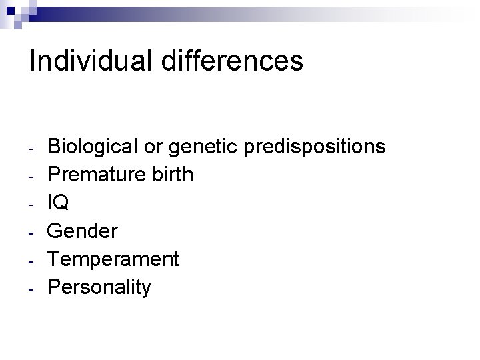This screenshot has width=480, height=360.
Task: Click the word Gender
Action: [83, 231]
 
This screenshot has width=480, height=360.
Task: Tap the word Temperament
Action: [113, 259]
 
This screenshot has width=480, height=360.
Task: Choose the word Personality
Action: [100, 287]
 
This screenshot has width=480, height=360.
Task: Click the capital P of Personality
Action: [55, 287]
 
